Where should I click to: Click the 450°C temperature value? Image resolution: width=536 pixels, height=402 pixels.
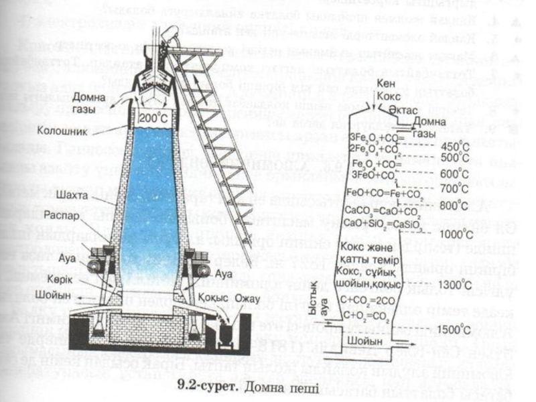(x=456, y=146)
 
